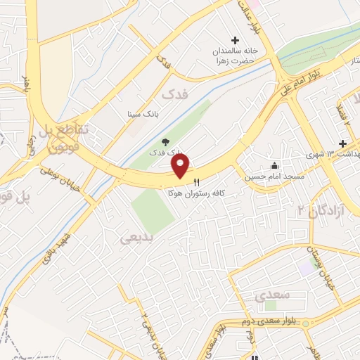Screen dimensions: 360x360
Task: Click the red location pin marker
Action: (181, 166)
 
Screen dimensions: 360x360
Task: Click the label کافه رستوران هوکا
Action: (195, 192)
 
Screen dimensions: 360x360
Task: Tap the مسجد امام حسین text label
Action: (267, 177)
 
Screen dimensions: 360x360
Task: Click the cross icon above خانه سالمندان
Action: (236, 40)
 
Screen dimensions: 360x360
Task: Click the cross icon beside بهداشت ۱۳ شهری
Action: (343, 143)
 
